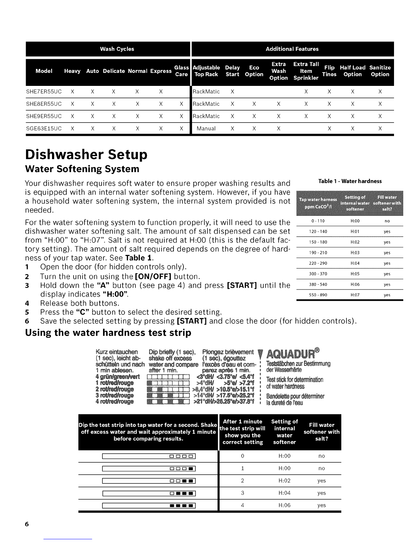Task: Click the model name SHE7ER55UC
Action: [x=44, y=92]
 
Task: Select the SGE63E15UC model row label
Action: [x=44, y=129]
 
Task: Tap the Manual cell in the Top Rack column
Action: [x=206, y=129]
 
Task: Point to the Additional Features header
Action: [x=292, y=49]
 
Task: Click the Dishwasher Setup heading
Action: [x=86, y=154]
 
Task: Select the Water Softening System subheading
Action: [x=82, y=169]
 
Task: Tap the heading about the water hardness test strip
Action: [x=108, y=333]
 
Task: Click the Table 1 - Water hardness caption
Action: [x=350, y=181]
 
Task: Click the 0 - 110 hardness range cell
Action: [x=313, y=221]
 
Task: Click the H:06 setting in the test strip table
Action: [x=284, y=505]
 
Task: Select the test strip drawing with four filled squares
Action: [x=149, y=505]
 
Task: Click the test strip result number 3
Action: [x=242, y=493]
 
